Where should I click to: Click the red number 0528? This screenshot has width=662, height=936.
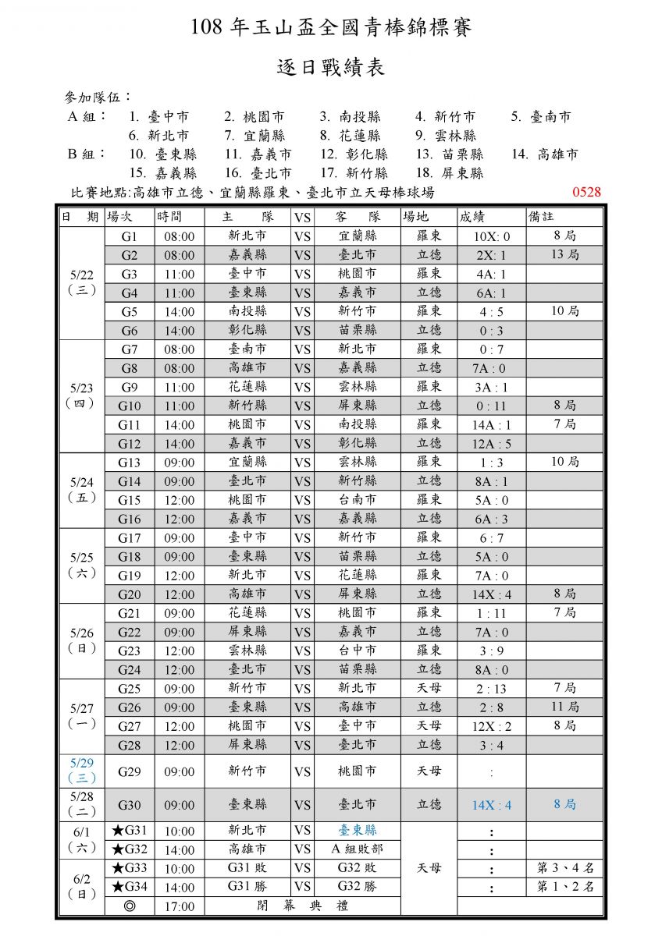[586, 193]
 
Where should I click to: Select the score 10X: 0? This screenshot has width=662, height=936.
[492, 236]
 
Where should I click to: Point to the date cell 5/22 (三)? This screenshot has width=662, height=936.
[82, 283]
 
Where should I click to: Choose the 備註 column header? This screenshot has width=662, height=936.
[544, 217]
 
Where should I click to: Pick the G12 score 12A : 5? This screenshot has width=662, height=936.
[492, 444]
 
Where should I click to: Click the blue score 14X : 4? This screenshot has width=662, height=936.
[492, 805]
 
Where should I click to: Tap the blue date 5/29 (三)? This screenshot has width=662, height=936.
[82, 771]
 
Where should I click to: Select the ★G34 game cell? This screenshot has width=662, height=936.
[130, 887]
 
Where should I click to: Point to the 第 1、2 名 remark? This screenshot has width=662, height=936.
[564, 887]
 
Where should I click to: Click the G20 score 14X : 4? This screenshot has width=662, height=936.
[492, 594]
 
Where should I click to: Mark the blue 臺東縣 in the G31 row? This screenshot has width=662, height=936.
[357, 831]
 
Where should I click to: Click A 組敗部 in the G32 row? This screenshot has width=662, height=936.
[357, 849]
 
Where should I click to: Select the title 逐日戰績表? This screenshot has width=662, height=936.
[331, 68]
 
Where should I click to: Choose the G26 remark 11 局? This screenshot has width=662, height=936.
[564, 707]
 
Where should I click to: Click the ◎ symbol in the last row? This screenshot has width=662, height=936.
[130, 906]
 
